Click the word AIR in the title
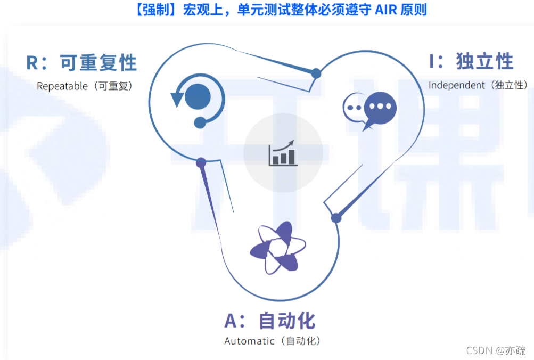pyautogui.click(x=375, y=10)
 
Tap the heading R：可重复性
pyautogui.click(x=82, y=62)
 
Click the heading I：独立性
pyautogui.click(x=472, y=61)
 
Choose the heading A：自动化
pyautogui.click(x=270, y=321)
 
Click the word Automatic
pyautogui.click(x=249, y=341)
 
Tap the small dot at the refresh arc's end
pyautogui.click(x=200, y=122)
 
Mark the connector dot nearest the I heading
pyautogui.click(x=316, y=73)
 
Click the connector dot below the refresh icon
pyautogui.click(x=201, y=162)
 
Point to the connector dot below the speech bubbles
pyautogui.click(x=336, y=218)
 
